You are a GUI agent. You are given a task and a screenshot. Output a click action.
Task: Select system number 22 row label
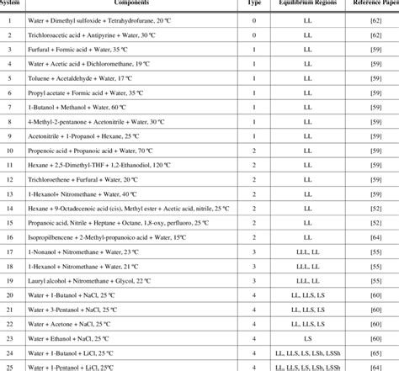9,324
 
